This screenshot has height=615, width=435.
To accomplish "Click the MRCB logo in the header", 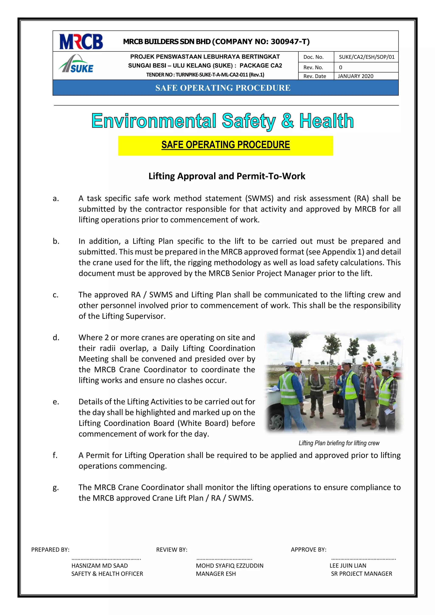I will (81, 41).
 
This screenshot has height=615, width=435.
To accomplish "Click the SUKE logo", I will (76, 65).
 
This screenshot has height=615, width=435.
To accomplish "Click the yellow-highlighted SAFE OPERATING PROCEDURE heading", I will (226, 145).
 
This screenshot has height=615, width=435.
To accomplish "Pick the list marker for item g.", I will (55, 488).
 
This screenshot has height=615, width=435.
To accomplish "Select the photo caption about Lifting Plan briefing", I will (339, 443).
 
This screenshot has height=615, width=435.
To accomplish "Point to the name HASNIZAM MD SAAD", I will (100, 566).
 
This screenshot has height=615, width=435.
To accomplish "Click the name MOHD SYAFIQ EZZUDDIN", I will (230, 566).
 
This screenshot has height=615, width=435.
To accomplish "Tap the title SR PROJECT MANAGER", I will (361, 574).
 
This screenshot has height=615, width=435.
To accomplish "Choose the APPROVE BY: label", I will (309, 550).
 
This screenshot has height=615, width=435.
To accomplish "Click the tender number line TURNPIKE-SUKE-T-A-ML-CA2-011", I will (205, 75).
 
